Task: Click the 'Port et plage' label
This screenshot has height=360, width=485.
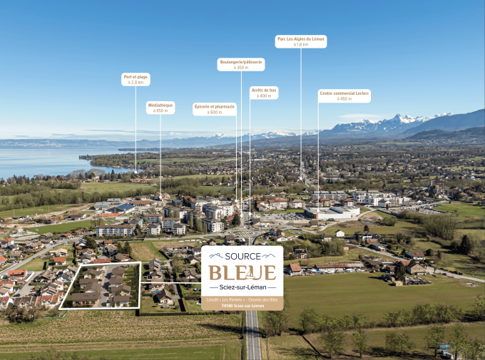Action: click(x=136, y=76)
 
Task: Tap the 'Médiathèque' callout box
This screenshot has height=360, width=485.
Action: click(x=160, y=108)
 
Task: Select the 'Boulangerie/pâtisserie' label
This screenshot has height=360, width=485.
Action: click(x=240, y=62)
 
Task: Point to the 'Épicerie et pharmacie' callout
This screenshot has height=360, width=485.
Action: click(x=215, y=109)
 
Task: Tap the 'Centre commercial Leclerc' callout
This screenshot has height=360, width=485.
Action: click(x=344, y=93)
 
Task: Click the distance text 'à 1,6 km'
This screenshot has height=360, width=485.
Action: click(x=300, y=44)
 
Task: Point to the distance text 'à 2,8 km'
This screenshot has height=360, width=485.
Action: click(x=136, y=83)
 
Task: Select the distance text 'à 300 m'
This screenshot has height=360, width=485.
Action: click(x=240, y=68)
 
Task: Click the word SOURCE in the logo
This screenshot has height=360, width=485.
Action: click(x=242, y=256)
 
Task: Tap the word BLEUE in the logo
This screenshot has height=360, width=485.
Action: click(x=242, y=272)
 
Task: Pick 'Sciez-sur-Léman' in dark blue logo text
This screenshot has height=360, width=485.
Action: click(x=242, y=287)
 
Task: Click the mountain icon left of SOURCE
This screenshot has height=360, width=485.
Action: click(x=216, y=255)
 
